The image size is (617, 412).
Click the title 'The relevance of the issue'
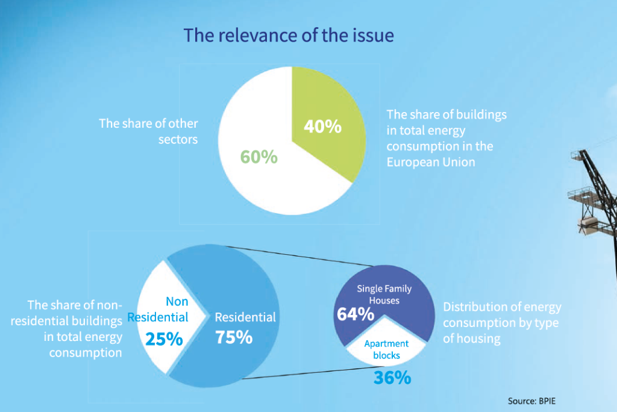pos(289,35)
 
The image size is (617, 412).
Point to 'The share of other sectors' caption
pos(148,131)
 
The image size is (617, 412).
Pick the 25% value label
pos(163,339)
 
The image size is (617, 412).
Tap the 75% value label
pos(233,337)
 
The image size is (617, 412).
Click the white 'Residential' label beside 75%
pos(245,317)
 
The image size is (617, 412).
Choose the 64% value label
pos(355,314)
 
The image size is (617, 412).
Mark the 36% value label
pos(392,378)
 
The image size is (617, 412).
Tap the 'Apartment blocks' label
pos(386,349)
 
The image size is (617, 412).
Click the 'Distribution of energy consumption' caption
pos(502,323)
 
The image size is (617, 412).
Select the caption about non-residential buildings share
pos(75,328)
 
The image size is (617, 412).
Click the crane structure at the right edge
pos(594,193)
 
